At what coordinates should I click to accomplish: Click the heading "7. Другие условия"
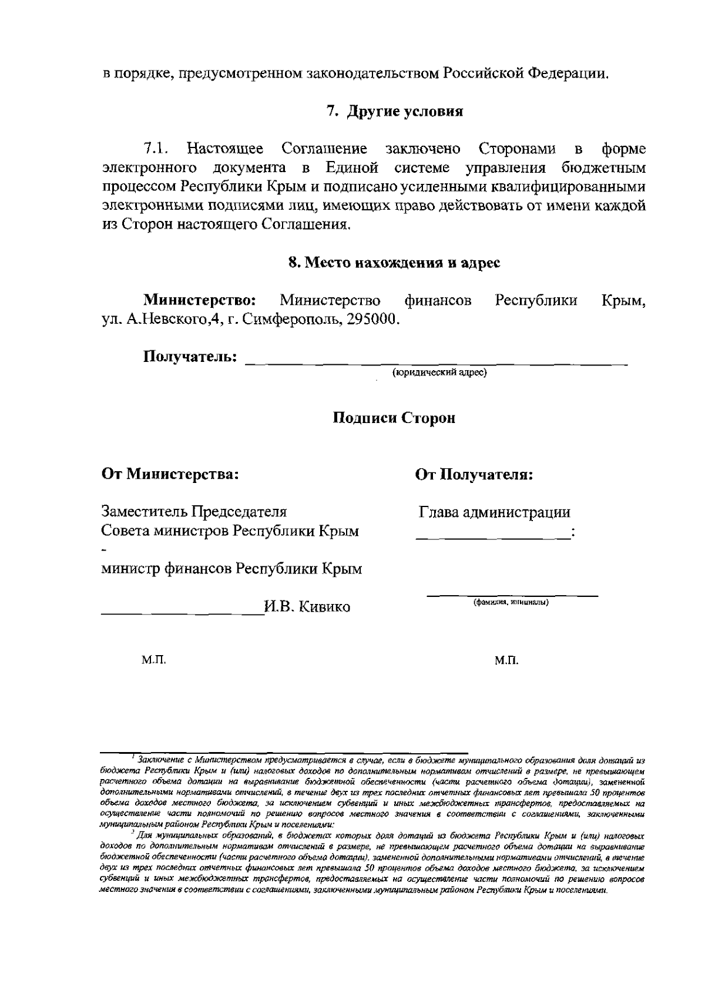click(x=395, y=111)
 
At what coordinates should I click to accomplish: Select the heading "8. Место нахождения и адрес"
click(x=394, y=263)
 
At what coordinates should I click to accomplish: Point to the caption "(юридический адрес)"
click(x=439, y=372)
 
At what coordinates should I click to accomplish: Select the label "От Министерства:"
click(x=170, y=474)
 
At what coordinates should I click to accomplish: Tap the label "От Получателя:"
click(x=474, y=474)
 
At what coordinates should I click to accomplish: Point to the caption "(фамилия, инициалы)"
click(x=511, y=602)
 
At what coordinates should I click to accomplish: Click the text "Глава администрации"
click(x=495, y=512)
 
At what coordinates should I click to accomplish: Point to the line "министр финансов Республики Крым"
click(x=231, y=569)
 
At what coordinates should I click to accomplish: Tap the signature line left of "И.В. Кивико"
click(x=182, y=612)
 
